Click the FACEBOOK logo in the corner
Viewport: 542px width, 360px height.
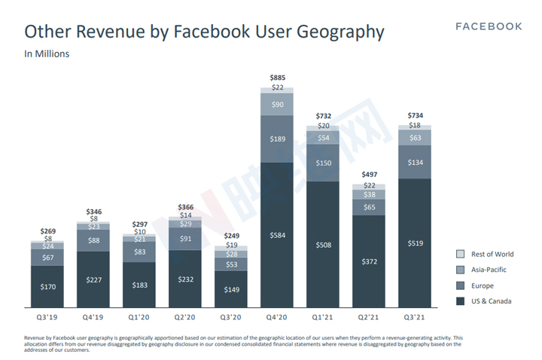click(x=489, y=26)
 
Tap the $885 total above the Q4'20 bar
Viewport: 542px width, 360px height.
click(x=277, y=78)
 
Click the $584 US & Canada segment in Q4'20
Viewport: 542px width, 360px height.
click(x=277, y=236)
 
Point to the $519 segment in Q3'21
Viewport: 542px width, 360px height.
click(x=415, y=243)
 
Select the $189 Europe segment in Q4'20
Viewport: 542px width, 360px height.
click(x=277, y=139)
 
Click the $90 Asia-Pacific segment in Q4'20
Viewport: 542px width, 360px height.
click(x=277, y=104)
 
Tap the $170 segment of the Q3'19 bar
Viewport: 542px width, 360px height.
click(x=47, y=287)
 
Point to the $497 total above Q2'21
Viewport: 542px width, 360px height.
click(x=369, y=174)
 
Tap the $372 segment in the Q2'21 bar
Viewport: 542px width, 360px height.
click(x=369, y=261)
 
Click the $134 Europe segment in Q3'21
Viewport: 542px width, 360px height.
click(x=415, y=161)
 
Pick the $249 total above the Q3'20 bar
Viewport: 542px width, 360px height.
click(x=230, y=235)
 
